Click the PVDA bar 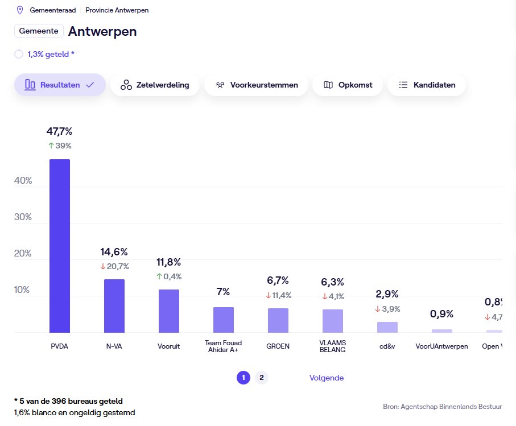60,246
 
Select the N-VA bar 114,306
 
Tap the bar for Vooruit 168,311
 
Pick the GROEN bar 278,321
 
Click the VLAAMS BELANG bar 332,321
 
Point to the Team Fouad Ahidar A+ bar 223,320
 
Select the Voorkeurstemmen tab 256,85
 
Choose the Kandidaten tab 427,85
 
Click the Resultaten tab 60,85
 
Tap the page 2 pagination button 261,378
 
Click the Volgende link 326,378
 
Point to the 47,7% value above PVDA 60,131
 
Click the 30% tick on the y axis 23,217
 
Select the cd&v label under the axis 387,346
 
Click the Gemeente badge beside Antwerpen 39,31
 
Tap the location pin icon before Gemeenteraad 20,10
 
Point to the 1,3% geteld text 51,54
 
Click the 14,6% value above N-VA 114,252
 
